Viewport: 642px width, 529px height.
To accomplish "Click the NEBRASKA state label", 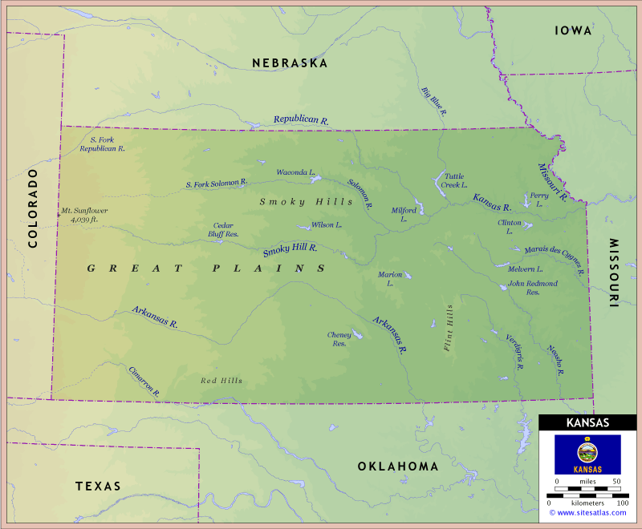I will [x=290, y=63].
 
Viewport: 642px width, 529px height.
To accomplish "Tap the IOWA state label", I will [x=573, y=30].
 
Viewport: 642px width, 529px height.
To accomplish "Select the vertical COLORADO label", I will [x=34, y=208].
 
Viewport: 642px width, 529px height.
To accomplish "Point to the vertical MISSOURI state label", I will [x=614, y=273].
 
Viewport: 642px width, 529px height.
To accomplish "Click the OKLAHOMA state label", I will [x=398, y=466].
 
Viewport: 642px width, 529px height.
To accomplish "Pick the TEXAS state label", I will [x=98, y=487].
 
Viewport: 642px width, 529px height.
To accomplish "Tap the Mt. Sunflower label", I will [x=84, y=215].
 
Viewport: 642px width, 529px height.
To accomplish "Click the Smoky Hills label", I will [x=295, y=202].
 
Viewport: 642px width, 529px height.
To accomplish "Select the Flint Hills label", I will [x=449, y=328].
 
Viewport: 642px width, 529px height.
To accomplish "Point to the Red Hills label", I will [x=221, y=381].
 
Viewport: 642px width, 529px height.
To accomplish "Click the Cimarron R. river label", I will [x=144, y=382].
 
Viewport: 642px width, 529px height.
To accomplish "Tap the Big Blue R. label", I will [x=433, y=103].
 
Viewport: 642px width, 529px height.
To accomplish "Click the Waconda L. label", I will [x=295, y=172].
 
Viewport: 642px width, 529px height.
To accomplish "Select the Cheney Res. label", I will [x=339, y=339].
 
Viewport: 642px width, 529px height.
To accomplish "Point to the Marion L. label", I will [x=390, y=279].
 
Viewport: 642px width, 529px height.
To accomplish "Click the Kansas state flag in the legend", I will [x=587, y=454].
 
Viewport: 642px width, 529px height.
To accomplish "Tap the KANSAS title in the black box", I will [x=587, y=423].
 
